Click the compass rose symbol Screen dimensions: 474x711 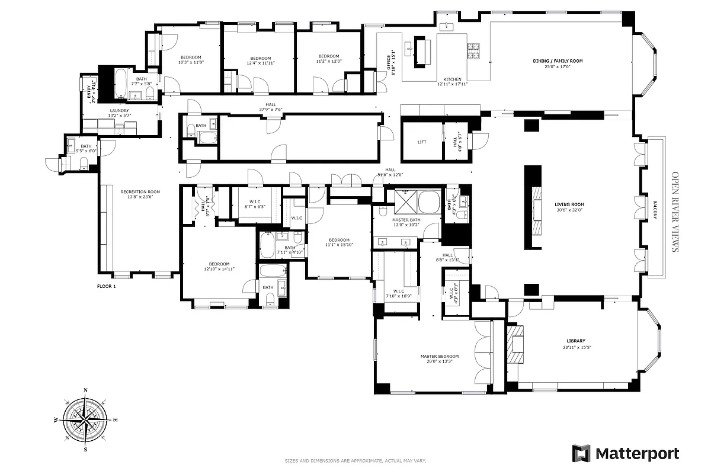click(x=87, y=419)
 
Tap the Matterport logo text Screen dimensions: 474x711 click(x=637, y=454)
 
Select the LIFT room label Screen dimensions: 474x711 click(x=422, y=142)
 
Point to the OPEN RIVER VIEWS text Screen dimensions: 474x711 click(x=674, y=212)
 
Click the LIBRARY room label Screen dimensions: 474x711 click(x=575, y=341)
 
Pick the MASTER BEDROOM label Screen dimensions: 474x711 click(x=440, y=356)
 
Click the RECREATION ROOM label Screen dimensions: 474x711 click(x=140, y=191)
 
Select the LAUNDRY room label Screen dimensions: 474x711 click(x=119, y=110)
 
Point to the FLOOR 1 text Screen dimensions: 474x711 click(x=107, y=286)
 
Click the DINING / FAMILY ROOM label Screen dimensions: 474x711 click(x=558, y=61)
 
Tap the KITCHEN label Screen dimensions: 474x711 click(x=452, y=79)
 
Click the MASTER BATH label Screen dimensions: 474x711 click(x=406, y=220)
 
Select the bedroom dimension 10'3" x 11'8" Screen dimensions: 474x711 click(x=191, y=62)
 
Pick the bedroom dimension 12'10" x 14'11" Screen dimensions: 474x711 click(x=219, y=268)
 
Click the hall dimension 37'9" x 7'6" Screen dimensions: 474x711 click(x=270, y=110)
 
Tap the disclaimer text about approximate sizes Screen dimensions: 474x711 click(x=355, y=461)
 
